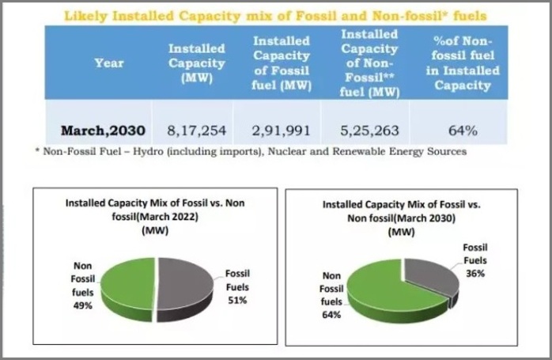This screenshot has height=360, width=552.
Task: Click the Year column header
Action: pos(108,63)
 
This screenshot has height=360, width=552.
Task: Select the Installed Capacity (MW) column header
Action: pos(196,63)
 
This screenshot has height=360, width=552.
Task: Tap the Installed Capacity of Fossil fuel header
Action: pos(281,63)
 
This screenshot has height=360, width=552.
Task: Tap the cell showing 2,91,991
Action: pos(281,129)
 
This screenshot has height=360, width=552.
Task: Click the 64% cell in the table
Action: pos(467,129)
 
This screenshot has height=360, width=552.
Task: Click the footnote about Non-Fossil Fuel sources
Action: pos(251,150)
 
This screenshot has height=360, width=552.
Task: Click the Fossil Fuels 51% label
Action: pos(237,286)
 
